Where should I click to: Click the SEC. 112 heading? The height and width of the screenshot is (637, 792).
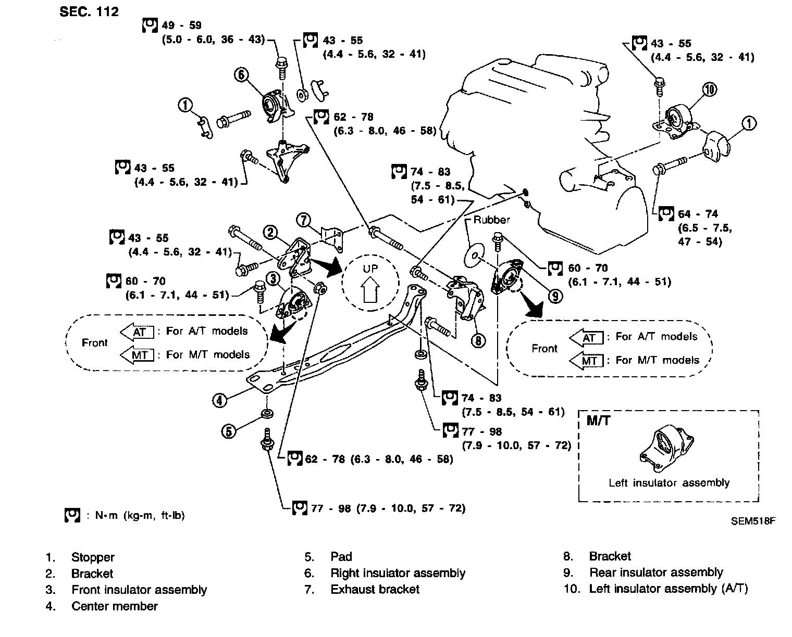coord(89,11)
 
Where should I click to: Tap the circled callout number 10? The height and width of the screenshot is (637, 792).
coord(710,90)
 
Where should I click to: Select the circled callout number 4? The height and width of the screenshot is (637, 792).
coord(219,400)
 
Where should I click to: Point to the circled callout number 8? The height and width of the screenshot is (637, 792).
coord(478,341)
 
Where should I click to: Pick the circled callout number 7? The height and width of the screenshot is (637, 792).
coord(304,220)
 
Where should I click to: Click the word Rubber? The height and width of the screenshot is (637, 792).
coord(491,220)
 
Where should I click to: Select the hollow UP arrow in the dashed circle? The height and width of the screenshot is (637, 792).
coord(370,289)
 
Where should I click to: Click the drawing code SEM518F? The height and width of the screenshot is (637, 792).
coord(753,521)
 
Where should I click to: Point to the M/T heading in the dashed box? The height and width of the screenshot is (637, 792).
coord(598,421)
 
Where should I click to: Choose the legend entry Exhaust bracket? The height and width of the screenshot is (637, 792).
coord(375,590)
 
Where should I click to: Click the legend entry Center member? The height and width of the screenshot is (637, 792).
coord(115,606)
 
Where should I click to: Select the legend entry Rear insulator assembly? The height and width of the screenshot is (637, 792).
coord(656,573)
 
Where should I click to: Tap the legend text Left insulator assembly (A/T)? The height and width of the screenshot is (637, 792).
coord(669,589)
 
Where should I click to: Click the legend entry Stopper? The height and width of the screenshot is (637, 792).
coord(92,557)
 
